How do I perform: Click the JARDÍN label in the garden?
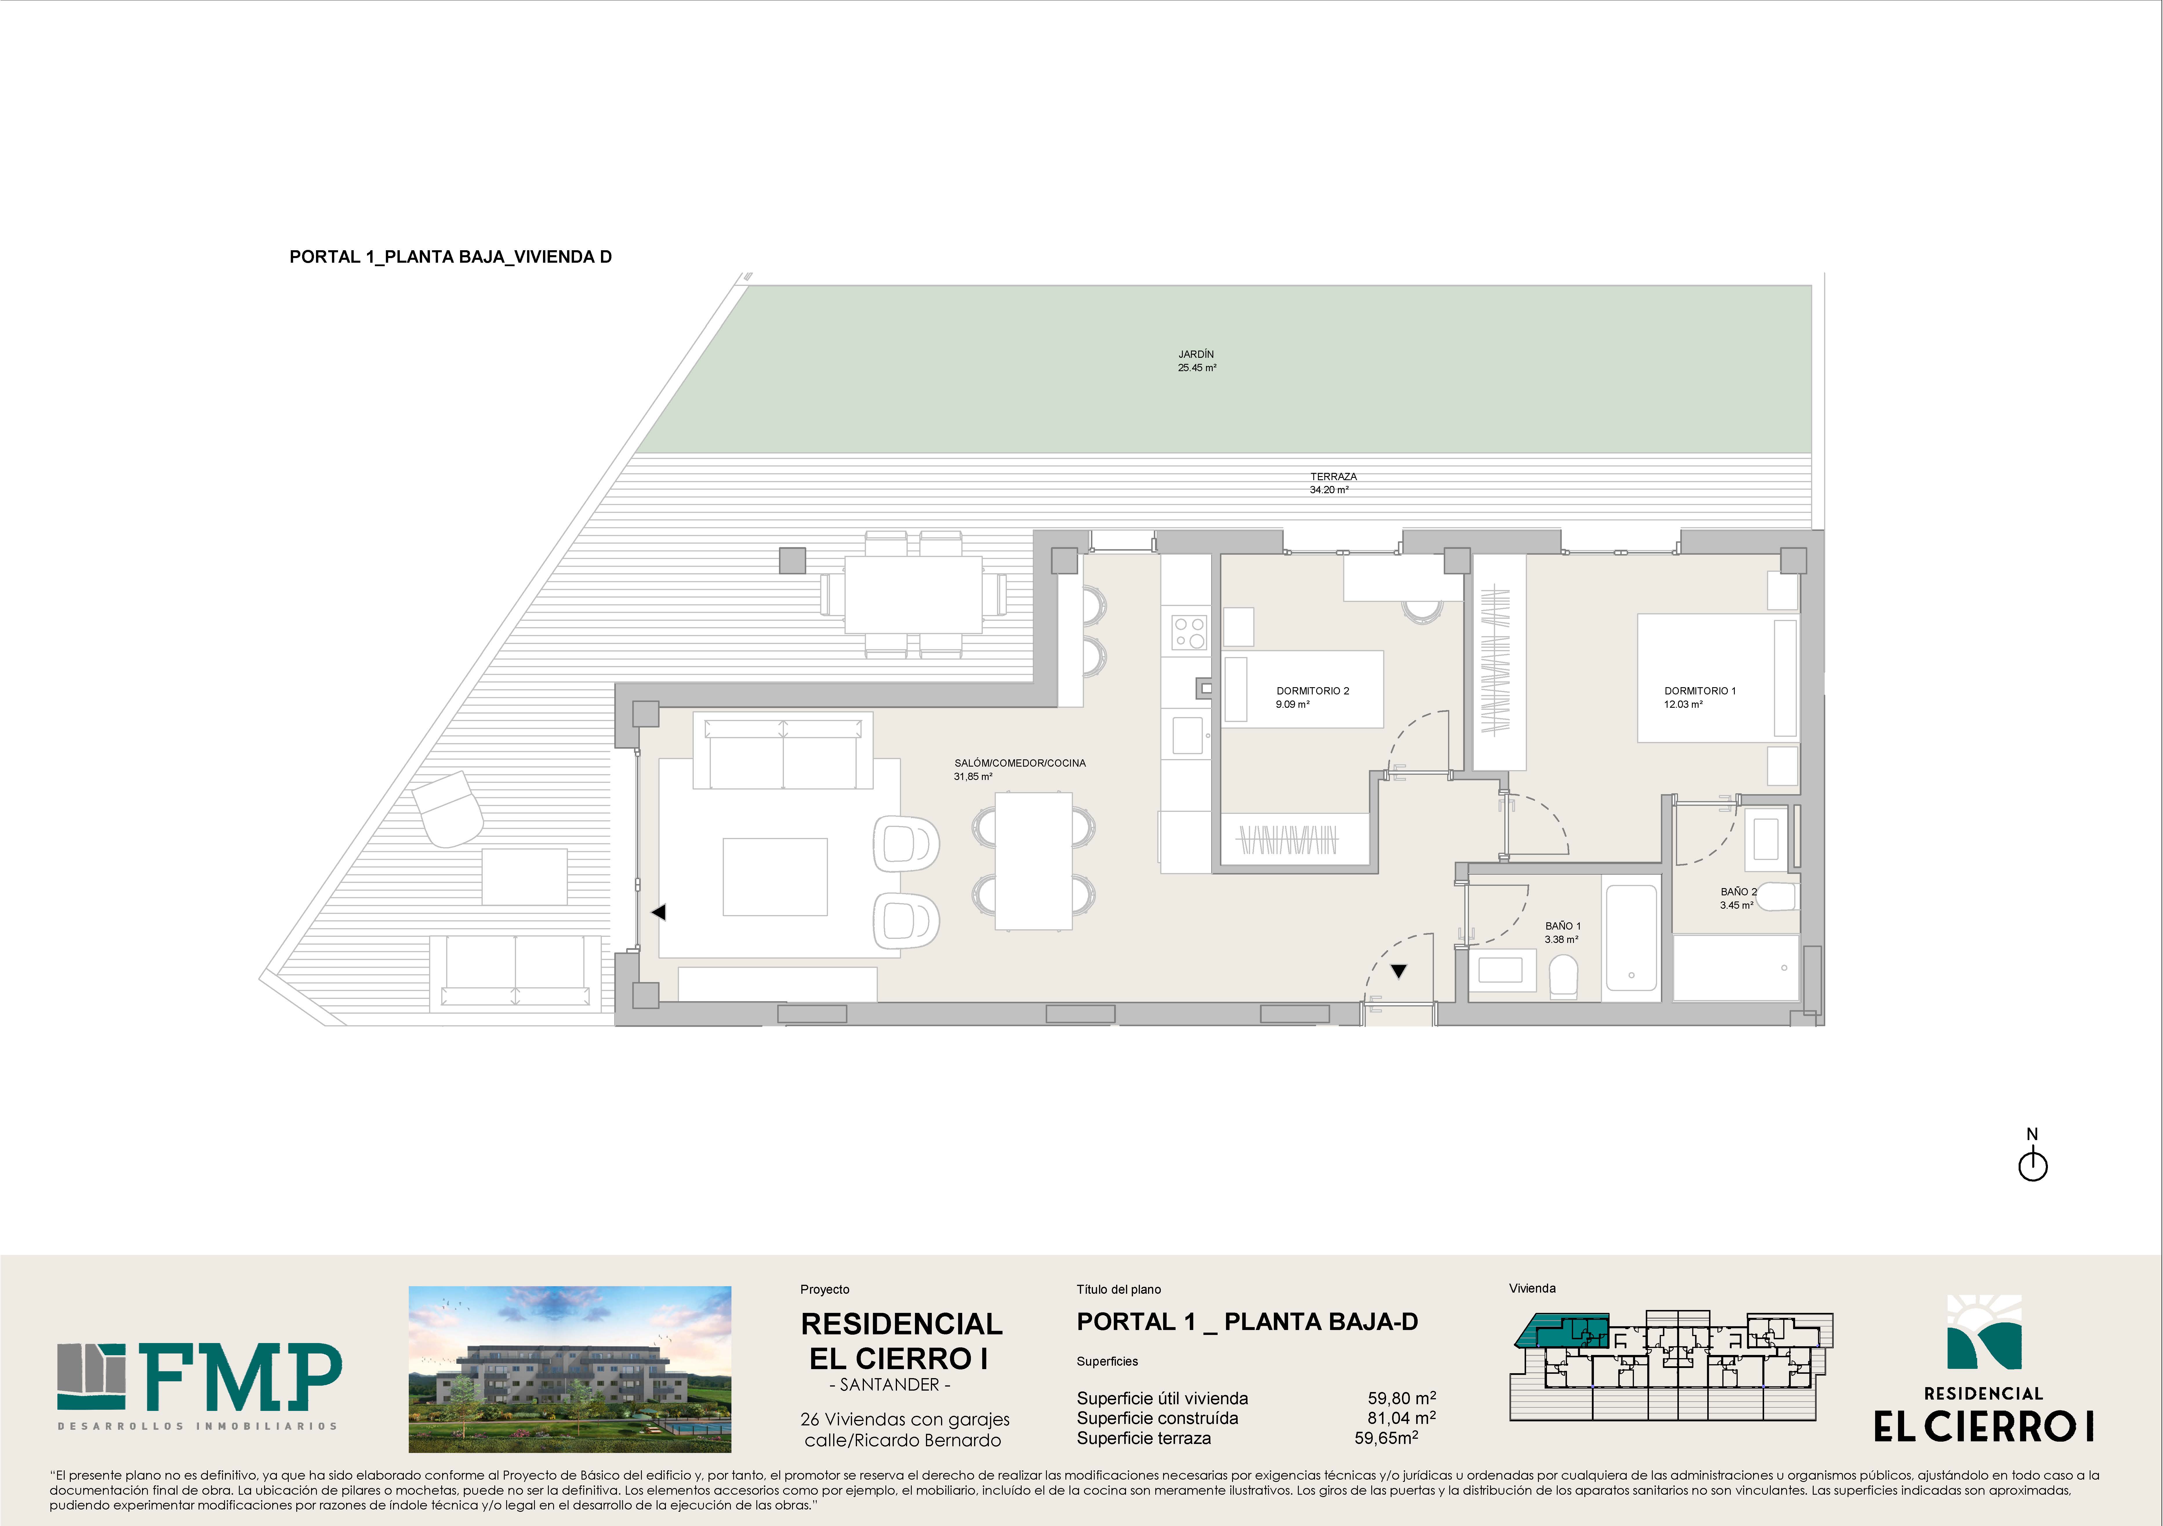1196,354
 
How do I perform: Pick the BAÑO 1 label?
1563,926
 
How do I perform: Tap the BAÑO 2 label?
1738,891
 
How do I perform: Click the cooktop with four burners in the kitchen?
1189,632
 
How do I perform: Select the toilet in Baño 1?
1563,976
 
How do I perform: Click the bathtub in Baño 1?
1631,937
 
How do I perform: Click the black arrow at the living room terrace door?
658,912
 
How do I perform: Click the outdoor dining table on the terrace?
913,594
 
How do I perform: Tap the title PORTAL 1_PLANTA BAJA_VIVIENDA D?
450,256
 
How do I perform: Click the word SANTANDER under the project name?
889,1385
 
